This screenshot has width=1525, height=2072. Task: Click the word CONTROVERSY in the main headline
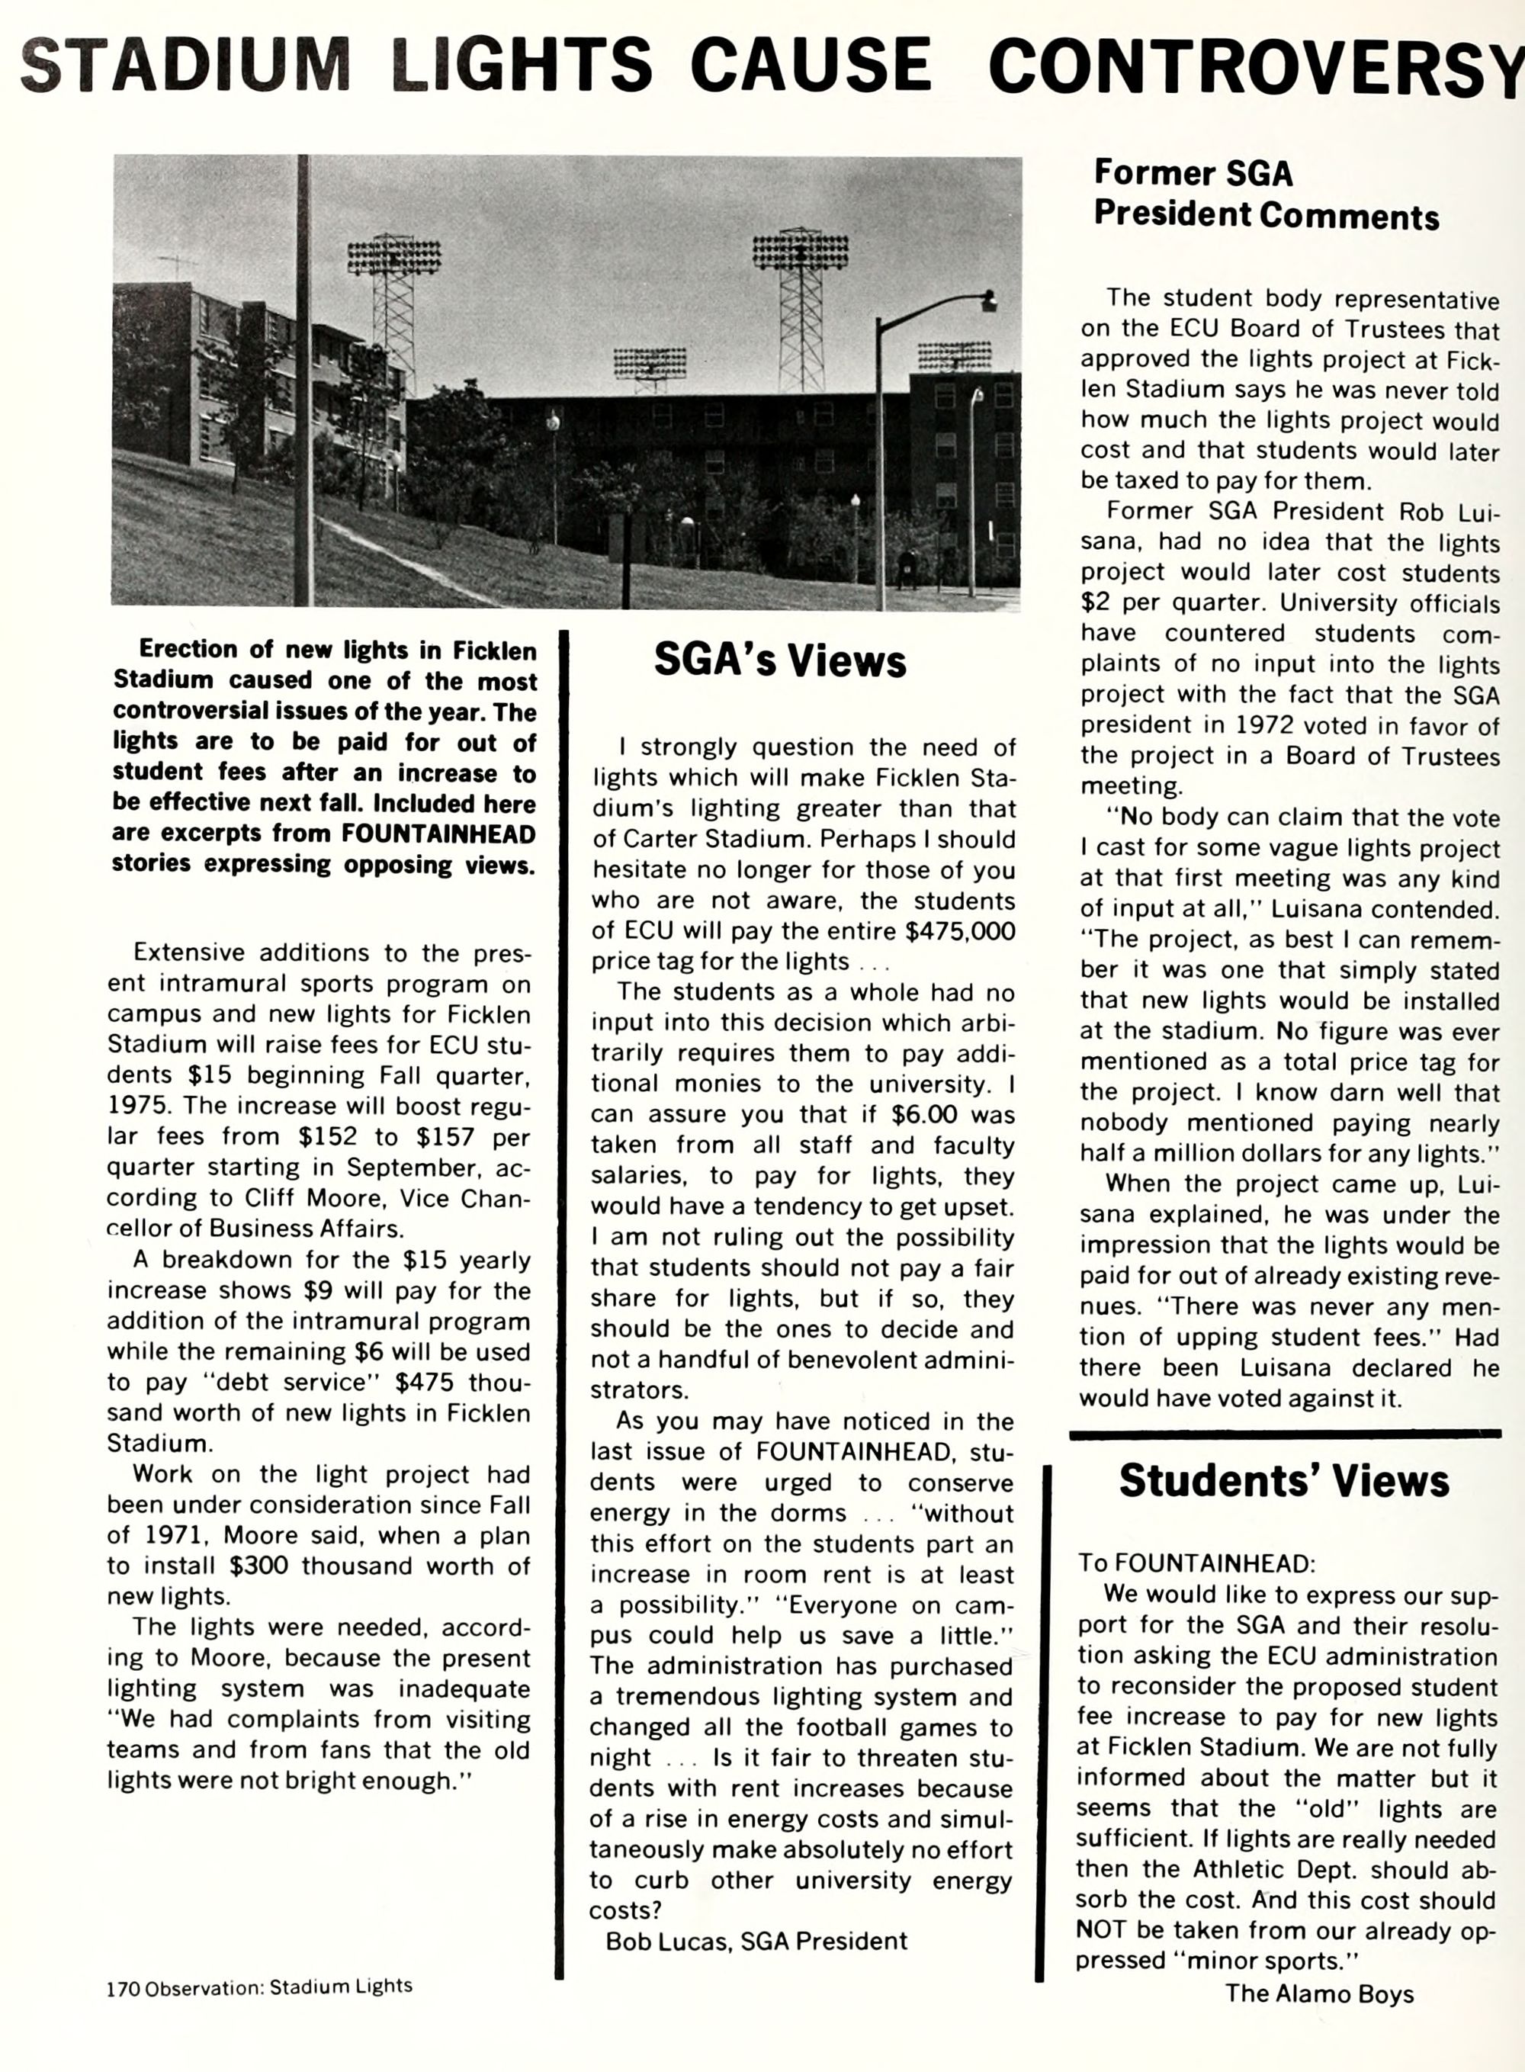tap(1255, 66)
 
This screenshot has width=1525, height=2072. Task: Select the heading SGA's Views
tap(780, 660)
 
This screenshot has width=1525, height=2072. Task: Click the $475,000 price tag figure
tap(960, 930)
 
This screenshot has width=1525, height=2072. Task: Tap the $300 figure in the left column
tap(262, 1566)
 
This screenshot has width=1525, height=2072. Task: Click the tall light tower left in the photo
tap(394, 305)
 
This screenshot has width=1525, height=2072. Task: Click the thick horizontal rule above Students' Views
tap(1284, 1434)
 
